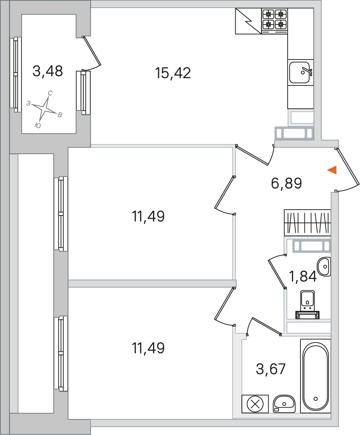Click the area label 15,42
[173, 73]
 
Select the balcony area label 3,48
[48, 71]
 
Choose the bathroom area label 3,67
[270, 369]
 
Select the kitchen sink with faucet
[300, 72]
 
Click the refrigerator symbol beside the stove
[248, 21]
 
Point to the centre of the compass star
[44, 108]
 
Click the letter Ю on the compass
[37, 126]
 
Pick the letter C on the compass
[50, 93]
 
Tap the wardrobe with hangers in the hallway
[307, 223]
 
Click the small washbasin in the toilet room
[324, 266]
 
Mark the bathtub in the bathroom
[315, 376]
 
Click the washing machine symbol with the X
[255, 404]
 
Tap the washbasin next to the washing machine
[284, 404]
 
